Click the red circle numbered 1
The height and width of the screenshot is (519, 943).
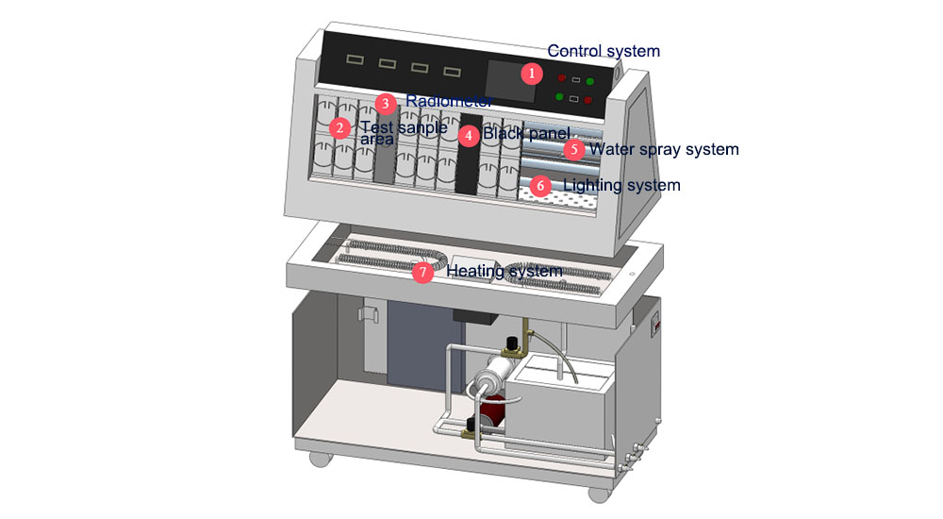click(533, 73)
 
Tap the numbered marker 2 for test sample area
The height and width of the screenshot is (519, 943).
click(340, 127)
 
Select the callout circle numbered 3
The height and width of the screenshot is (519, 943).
click(385, 104)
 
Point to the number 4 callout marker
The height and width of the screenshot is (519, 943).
click(470, 135)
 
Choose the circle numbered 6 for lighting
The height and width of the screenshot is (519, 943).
click(540, 186)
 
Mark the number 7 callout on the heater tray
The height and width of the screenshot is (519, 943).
click(423, 273)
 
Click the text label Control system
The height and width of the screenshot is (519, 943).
click(604, 51)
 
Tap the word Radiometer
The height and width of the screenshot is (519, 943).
click(449, 101)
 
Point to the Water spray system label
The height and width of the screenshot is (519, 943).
click(664, 149)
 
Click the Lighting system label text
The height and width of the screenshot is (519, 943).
click(621, 185)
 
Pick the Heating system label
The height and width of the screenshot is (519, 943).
click(505, 272)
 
